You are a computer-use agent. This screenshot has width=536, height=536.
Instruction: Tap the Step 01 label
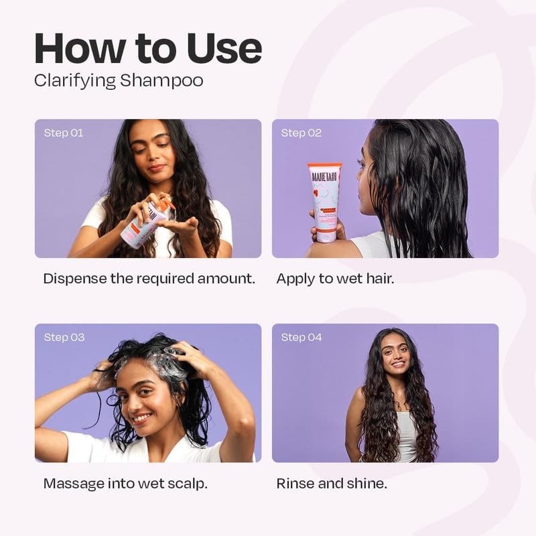pyautogui.click(x=64, y=133)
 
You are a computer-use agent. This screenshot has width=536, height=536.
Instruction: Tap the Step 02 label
pyautogui.click(x=301, y=133)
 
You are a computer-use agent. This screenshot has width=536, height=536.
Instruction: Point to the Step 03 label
pyautogui.click(x=64, y=337)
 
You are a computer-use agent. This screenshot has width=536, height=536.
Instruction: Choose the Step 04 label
pyautogui.click(x=301, y=337)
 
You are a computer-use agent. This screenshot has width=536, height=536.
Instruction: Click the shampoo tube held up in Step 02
pyautogui.click(x=324, y=201)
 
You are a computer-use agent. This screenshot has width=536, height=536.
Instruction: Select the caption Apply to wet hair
pyautogui.click(x=335, y=279)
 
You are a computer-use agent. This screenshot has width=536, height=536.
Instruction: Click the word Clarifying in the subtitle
pyautogui.click(x=76, y=81)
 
